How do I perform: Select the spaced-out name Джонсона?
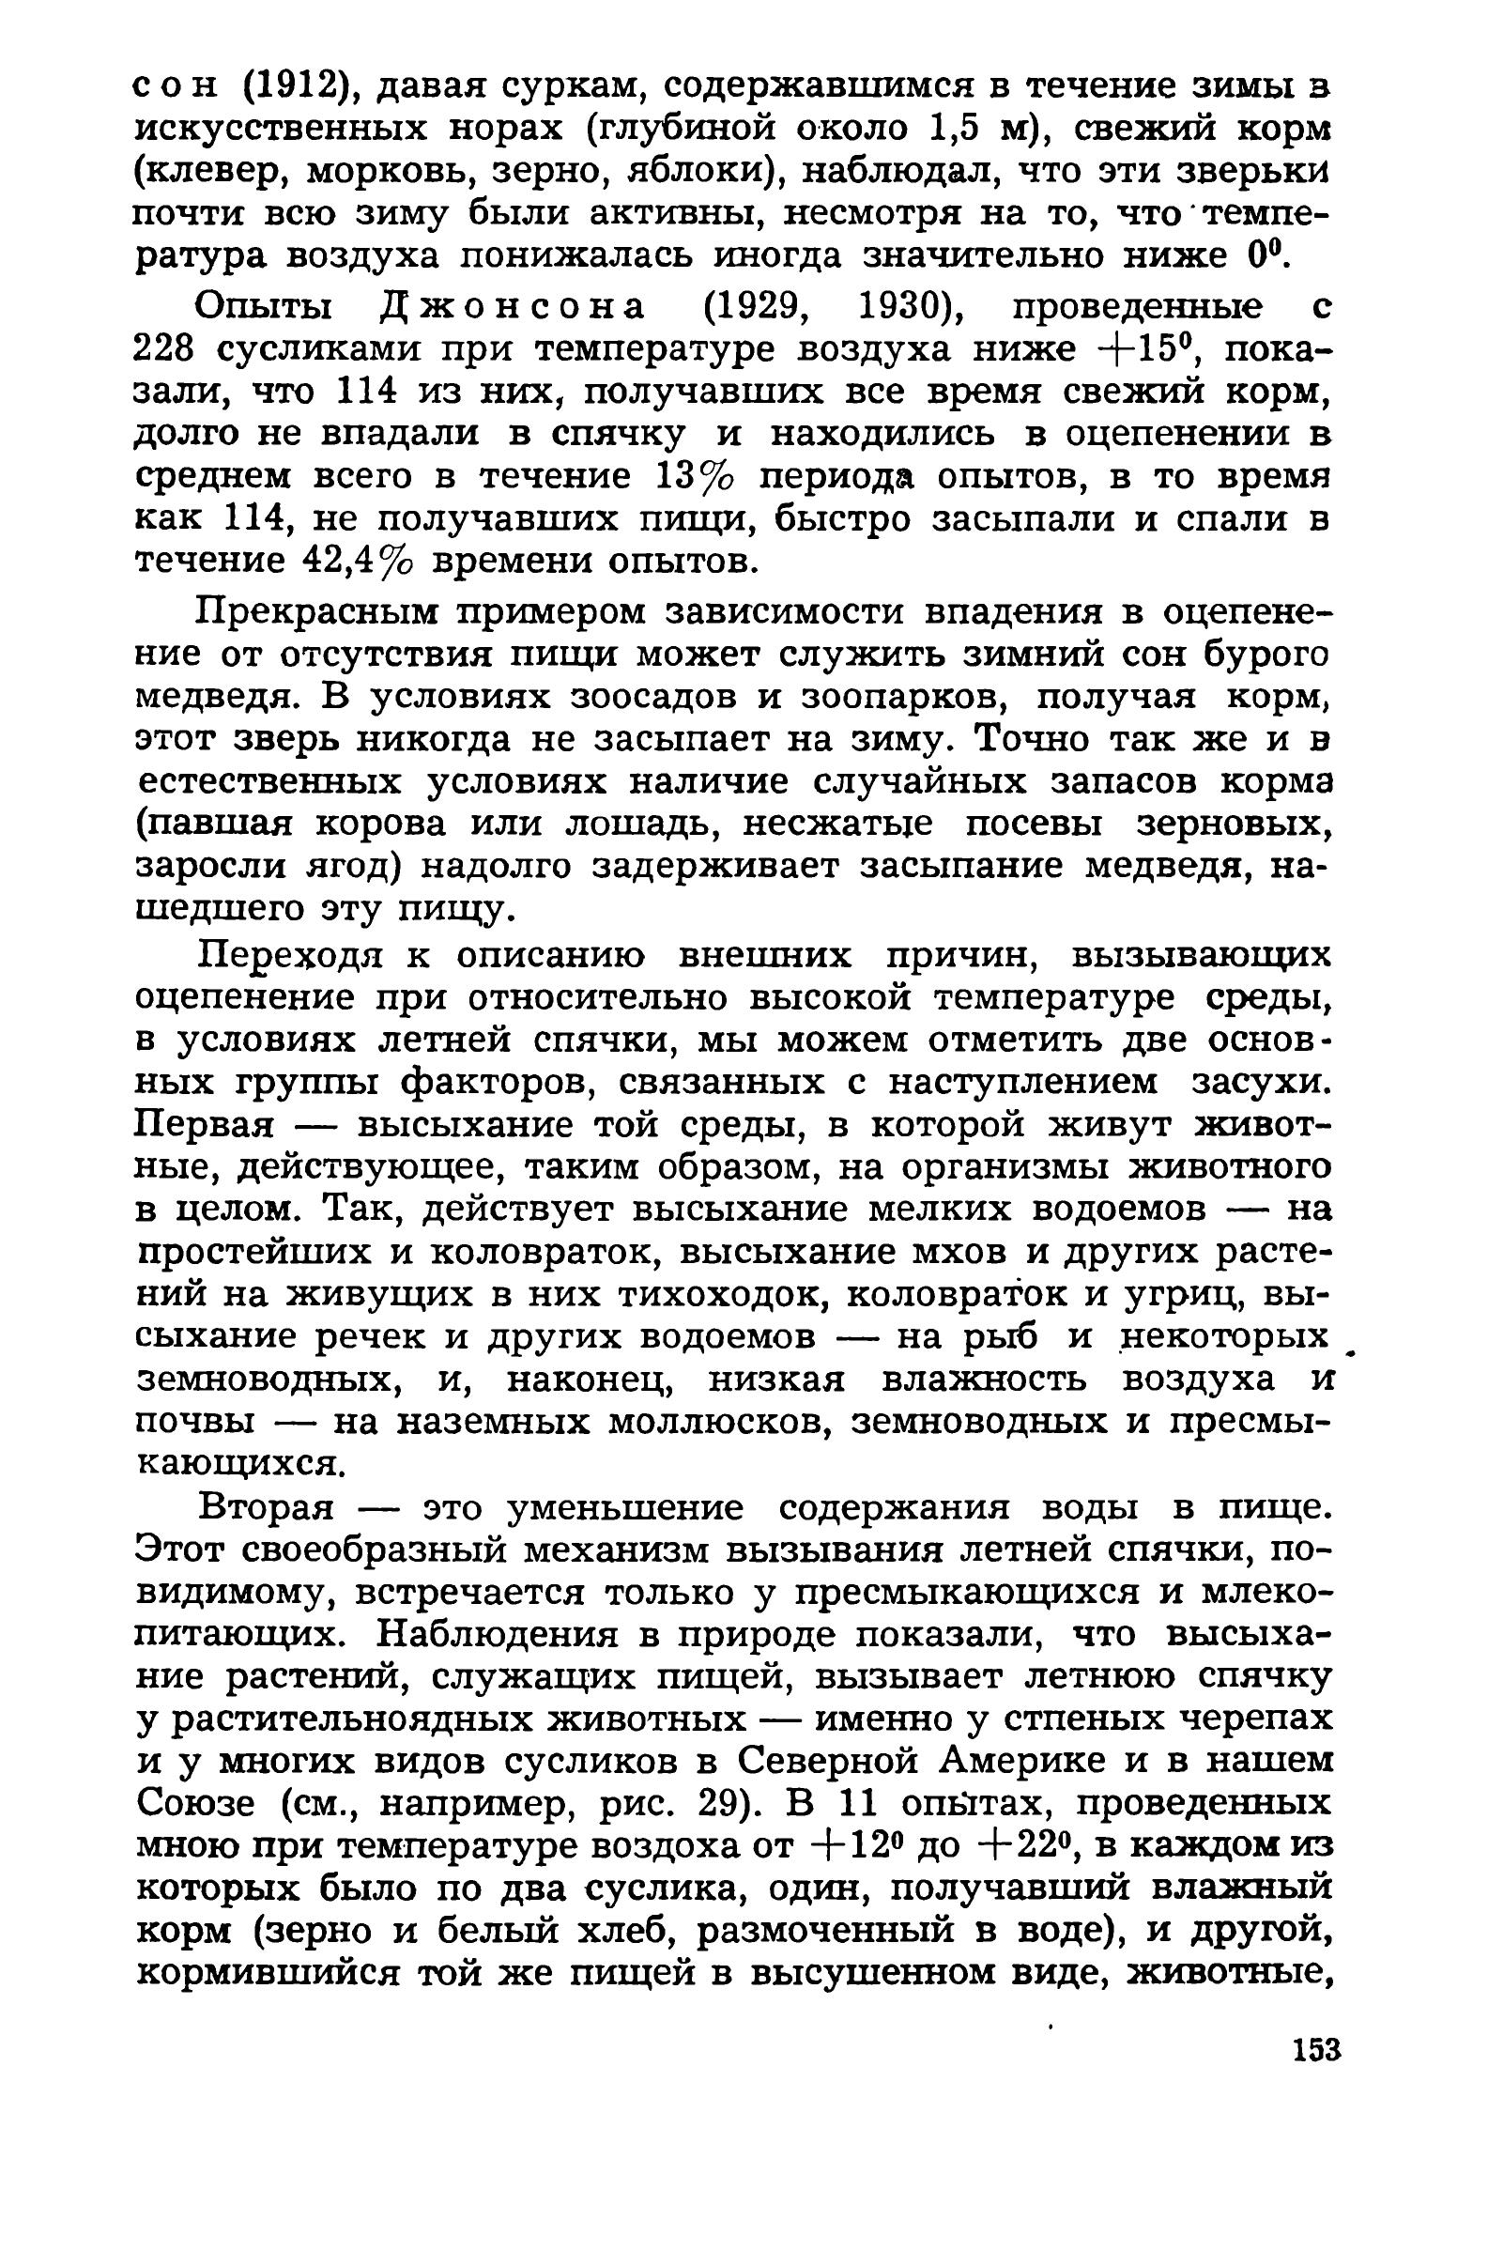[x=513, y=306]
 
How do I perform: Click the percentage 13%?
[x=696, y=476]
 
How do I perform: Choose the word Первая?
[x=205, y=1125]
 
